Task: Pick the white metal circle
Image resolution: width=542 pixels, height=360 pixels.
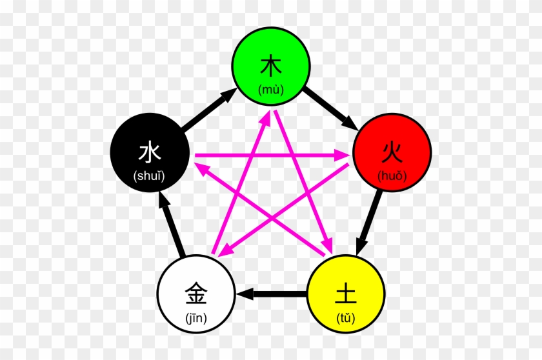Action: [196, 294]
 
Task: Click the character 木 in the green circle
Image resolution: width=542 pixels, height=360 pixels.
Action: [271, 66]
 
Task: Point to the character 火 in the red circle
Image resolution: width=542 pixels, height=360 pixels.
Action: [391, 153]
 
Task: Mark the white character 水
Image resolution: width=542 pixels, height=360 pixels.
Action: [149, 154]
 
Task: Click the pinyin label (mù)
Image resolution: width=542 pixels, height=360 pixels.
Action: [271, 90]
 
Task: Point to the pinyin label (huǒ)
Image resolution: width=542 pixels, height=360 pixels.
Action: [391, 176]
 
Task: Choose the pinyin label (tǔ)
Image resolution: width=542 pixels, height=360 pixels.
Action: [346, 317]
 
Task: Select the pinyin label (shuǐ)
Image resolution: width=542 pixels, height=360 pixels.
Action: [149, 176]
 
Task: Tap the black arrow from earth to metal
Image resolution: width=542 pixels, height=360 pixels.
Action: [271, 294]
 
